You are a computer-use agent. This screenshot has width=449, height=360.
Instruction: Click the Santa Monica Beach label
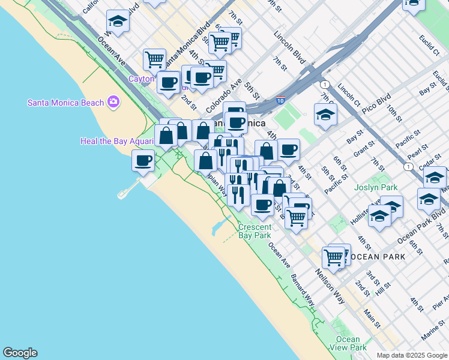point(66,103)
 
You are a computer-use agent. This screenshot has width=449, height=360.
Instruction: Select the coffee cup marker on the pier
point(143,161)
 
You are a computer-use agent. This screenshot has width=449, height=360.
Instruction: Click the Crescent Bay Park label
point(255,232)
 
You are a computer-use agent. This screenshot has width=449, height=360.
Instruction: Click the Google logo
point(20,353)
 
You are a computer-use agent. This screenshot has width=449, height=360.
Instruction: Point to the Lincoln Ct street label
point(348,91)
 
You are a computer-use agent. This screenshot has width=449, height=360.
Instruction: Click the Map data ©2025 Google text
point(411,355)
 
